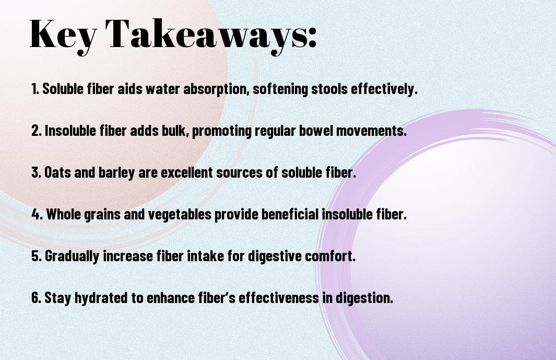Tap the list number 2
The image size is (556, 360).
click(37, 131)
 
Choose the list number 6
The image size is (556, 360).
click(37, 297)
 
